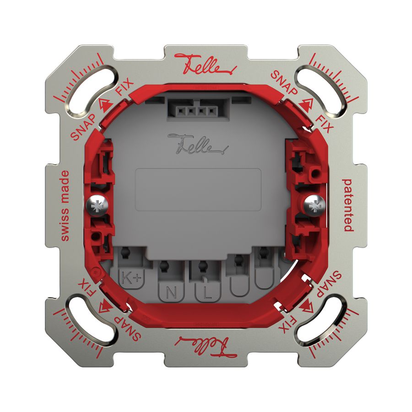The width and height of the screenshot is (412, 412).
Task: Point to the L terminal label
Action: tap(207, 293)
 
